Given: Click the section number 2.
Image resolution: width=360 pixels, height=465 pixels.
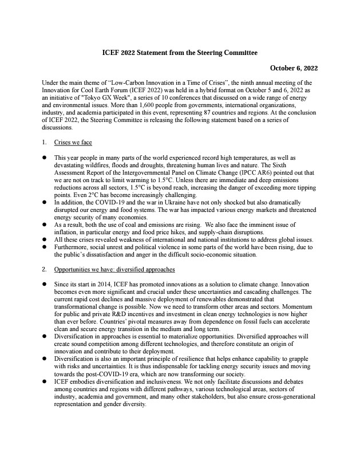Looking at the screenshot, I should [x=45, y=269].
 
